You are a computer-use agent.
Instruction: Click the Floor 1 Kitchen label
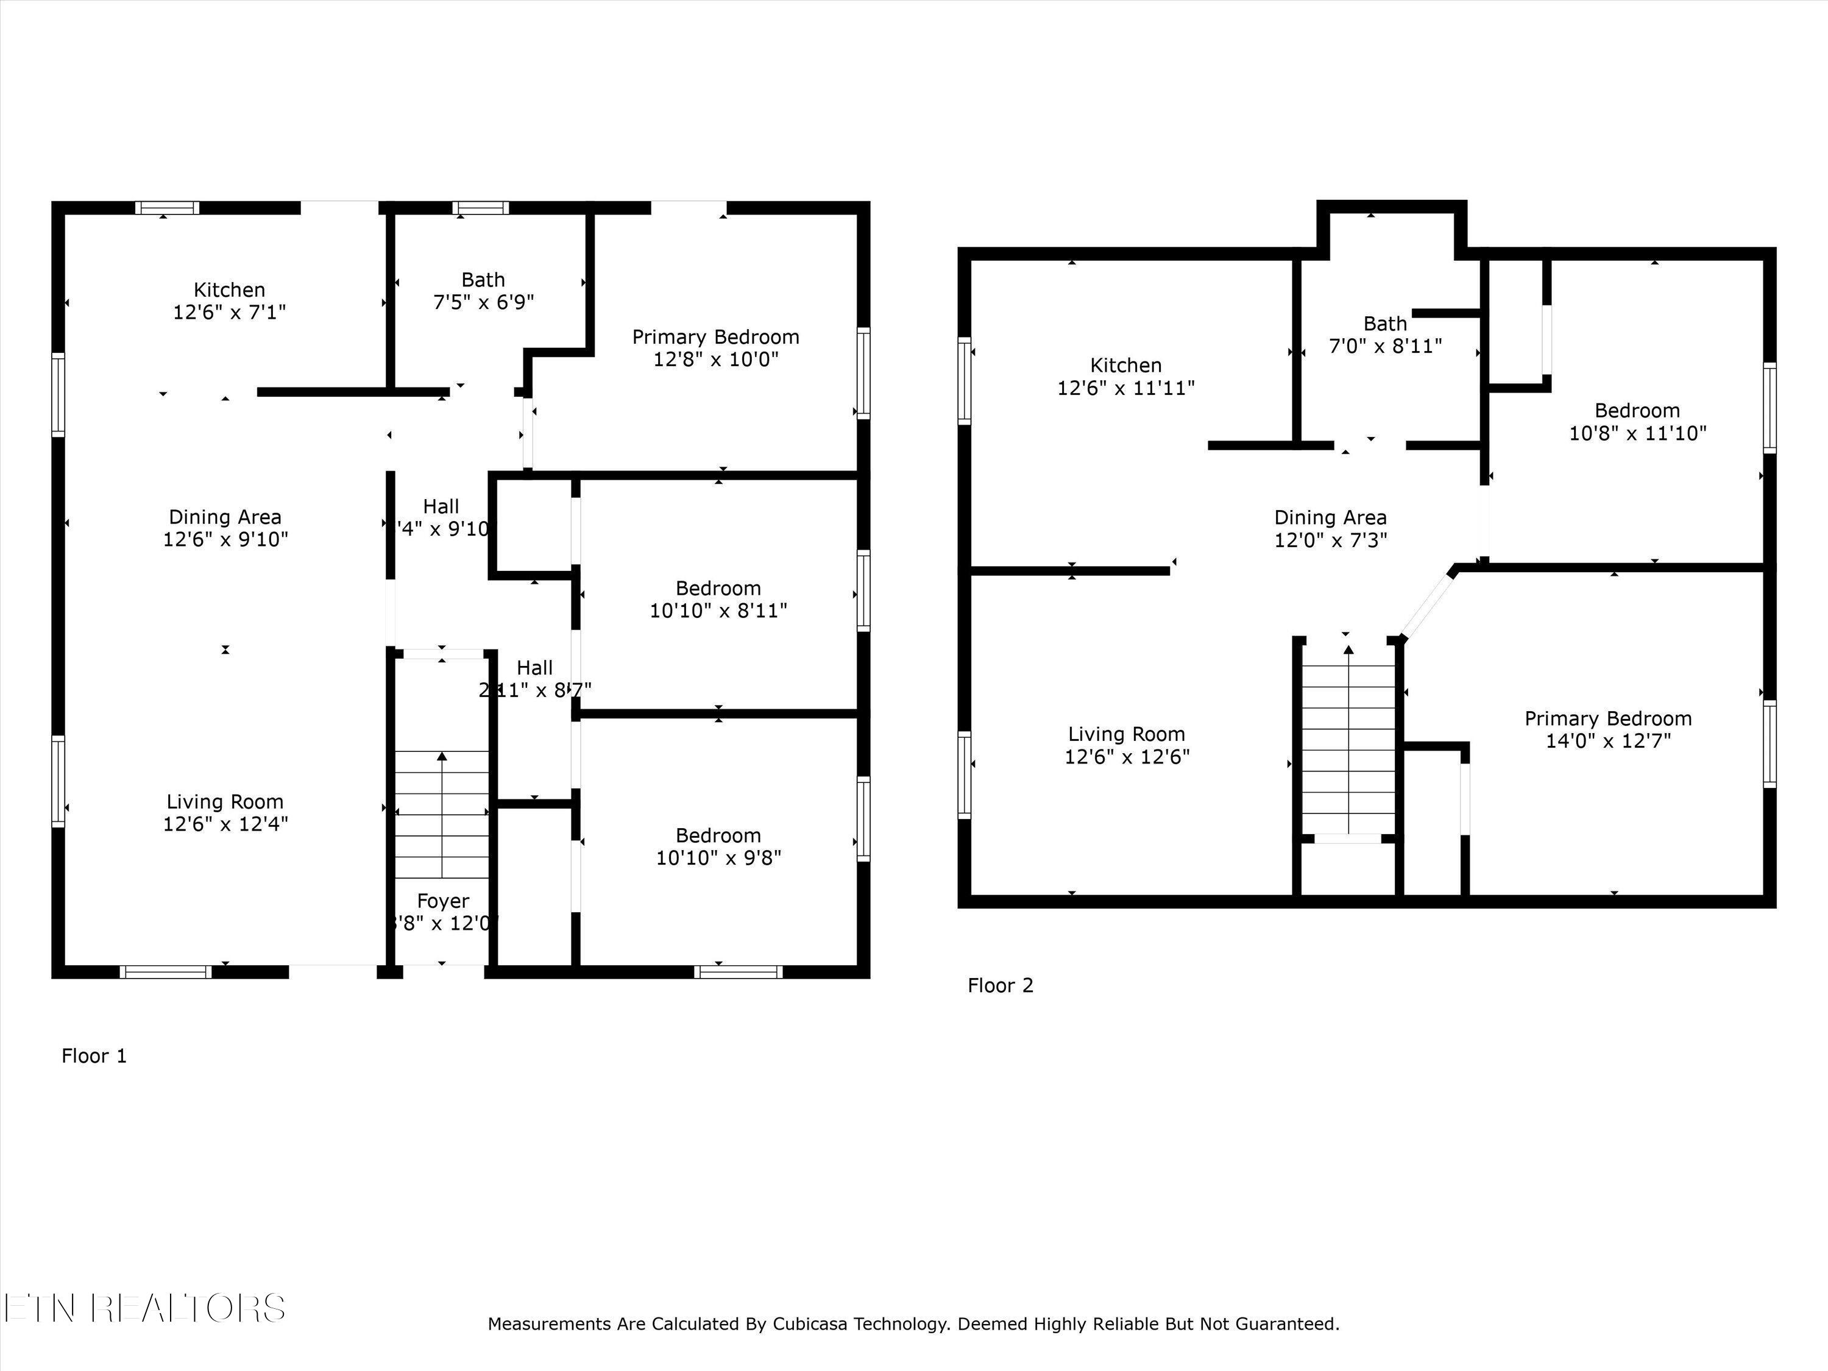229,290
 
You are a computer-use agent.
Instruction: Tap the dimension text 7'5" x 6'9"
483,302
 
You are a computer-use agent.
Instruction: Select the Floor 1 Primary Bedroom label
716,337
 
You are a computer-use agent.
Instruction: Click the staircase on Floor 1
442,814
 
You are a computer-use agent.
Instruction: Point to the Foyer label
443,901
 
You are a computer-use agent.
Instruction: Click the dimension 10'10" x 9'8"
718,858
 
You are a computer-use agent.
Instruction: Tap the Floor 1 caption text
94,1056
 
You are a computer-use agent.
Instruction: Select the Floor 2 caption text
1000,985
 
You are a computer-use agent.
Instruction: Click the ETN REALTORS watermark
144,1308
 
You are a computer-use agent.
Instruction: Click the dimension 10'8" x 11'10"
1637,434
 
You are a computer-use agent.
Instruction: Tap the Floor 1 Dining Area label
225,517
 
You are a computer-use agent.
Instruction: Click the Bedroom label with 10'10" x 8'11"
718,589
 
